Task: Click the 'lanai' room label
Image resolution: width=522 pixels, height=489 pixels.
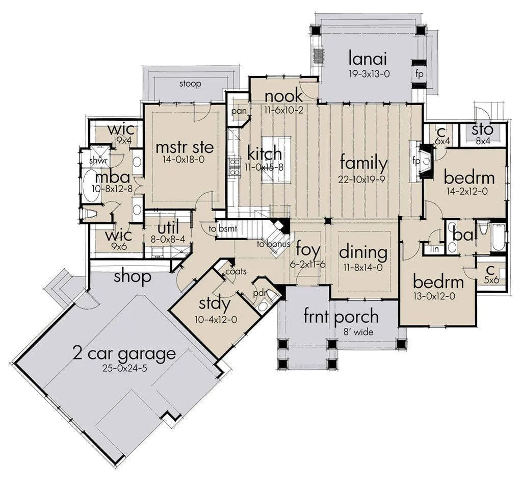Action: (368, 59)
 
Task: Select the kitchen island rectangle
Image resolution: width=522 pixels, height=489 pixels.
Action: (276, 159)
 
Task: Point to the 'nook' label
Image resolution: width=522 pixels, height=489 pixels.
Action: (283, 96)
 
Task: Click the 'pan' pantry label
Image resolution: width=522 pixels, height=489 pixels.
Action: (239, 111)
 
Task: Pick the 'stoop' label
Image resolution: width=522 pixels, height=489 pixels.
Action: (191, 84)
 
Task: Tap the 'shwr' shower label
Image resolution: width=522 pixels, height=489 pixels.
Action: (98, 161)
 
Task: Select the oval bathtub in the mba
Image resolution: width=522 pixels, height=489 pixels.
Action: (91, 185)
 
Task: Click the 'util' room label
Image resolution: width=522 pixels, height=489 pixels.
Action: (168, 228)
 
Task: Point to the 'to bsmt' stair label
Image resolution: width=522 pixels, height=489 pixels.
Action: (223, 229)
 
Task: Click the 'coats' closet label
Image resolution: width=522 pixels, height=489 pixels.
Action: (236, 271)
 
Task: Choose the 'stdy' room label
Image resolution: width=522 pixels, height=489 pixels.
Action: (215, 304)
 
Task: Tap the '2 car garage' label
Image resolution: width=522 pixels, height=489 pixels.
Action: (124, 354)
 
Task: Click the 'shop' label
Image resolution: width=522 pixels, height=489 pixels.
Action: (133, 277)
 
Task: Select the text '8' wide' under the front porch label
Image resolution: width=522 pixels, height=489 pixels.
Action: (358, 332)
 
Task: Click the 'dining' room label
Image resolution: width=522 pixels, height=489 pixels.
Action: (363, 253)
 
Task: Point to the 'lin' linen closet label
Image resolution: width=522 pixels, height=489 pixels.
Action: (434, 249)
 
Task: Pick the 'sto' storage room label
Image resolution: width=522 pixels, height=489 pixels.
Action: (482, 130)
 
